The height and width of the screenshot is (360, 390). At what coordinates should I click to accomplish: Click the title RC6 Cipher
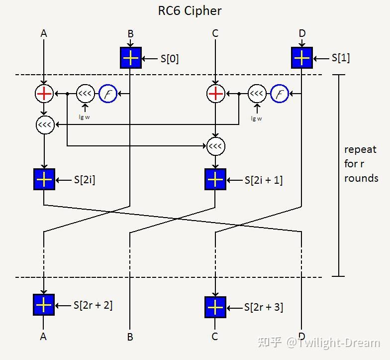click(190, 10)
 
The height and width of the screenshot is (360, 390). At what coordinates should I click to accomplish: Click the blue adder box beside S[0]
click(130, 58)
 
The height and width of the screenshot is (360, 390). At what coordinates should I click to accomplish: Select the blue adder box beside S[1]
click(301, 58)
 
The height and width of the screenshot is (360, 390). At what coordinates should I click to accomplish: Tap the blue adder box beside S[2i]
click(44, 179)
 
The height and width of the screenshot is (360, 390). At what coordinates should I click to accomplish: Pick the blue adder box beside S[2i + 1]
click(215, 179)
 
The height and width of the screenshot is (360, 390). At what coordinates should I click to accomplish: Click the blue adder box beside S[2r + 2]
click(44, 305)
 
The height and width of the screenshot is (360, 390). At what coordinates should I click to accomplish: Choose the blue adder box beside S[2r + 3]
click(215, 307)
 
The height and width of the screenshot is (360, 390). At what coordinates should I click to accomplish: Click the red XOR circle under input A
click(44, 93)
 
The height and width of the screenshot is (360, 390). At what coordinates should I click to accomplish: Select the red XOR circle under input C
click(215, 93)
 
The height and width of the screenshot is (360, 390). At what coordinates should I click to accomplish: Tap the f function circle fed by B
click(108, 93)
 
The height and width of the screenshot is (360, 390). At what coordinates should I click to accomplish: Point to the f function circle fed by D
click(280, 93)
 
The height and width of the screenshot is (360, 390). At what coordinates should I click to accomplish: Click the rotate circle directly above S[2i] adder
click(44, 124)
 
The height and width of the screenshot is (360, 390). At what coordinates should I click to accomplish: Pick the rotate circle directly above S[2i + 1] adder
click(215, 146)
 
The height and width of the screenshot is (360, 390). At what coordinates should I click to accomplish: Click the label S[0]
click(169, 59)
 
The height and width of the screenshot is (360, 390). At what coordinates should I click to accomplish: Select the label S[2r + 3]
click(264, 307)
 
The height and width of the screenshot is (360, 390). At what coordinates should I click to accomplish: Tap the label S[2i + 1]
click(264, 180)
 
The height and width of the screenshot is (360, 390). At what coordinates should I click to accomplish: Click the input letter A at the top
click(44, 33)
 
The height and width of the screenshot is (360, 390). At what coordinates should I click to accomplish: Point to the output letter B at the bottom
click(130, 337)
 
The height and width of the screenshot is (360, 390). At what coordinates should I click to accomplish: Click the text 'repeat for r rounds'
click(361, 164)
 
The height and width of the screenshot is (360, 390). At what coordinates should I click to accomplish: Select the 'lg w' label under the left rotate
click(85, 118)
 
